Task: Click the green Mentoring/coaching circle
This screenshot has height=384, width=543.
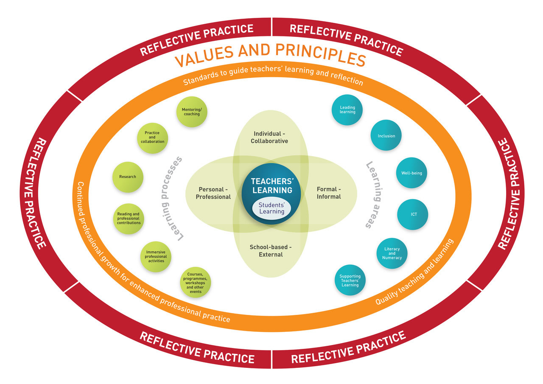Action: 191,112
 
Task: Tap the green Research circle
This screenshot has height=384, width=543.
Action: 128,177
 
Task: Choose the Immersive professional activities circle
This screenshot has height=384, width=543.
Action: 156,256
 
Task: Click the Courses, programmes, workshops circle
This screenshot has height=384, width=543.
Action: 196,282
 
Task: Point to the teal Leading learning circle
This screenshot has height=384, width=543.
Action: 347,109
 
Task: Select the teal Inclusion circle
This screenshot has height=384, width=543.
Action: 386,136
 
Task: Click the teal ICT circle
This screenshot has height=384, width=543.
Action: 413,214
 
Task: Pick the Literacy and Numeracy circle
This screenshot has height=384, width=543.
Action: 392,253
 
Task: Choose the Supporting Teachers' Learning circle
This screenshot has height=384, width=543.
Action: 350,280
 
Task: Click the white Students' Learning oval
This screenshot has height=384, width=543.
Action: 271,208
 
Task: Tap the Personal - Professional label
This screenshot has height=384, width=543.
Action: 213,193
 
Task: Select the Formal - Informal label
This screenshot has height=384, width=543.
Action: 329,193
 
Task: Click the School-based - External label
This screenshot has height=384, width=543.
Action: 271,251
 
